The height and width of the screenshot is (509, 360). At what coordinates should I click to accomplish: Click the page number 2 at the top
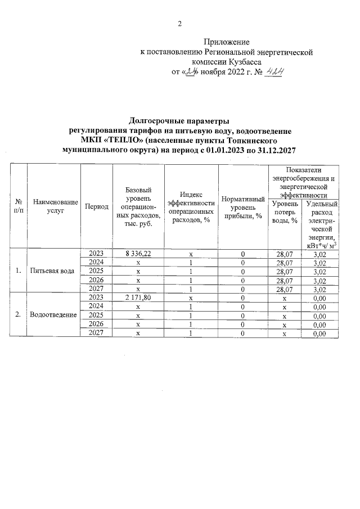(x=180, y=24)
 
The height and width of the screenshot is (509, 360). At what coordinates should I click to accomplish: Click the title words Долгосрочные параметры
(x=179, y=121)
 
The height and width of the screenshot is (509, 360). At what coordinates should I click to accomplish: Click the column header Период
(x=96, y=206)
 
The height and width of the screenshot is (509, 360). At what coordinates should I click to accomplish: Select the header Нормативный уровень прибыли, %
(x=243, y=206)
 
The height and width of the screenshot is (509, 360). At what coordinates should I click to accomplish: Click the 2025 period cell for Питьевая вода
(x=96, y=271)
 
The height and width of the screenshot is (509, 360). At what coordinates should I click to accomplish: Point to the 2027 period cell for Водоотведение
(x=96, y=334)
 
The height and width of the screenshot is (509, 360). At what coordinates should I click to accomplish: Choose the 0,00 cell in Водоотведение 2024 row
(x=319, y=307)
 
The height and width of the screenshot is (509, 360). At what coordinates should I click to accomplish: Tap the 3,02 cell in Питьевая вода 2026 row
(x=319, y=280)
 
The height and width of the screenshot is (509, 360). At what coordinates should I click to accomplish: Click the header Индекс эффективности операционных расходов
(x=191, y=206)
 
